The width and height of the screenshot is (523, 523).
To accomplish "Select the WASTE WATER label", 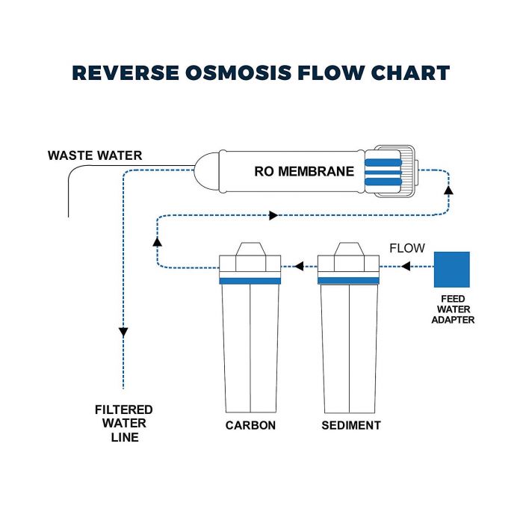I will click(x=94, y=155).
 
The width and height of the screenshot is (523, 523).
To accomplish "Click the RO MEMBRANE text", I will click(x=304, y=171).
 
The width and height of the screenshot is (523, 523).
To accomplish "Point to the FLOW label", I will click(x=407, y=248).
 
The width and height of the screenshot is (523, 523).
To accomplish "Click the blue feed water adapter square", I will click(x=452, y=269).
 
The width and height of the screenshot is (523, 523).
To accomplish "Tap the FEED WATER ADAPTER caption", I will click(x=453, y=309).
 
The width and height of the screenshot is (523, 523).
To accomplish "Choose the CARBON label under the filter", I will click(x=250, y=426).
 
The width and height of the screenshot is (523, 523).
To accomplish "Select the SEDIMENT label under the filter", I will click(x=350, y=426).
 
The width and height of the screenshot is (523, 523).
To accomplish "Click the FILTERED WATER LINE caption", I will click(x=124, y=424).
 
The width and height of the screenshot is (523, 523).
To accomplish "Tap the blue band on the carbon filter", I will click(x=250, y=281).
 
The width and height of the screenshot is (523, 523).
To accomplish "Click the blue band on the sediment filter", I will click(x=350, y=281).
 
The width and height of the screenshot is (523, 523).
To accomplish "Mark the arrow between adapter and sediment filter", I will click(x=409, y=266).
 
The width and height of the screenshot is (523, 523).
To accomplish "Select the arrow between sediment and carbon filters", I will click(x=299, y=266).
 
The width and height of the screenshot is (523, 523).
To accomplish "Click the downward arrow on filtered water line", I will click(x=123, y=332).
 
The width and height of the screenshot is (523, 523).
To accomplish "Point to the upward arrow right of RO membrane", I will click(x=448, y=191).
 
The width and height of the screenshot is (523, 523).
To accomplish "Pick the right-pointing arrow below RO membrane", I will click(x=273, y=216).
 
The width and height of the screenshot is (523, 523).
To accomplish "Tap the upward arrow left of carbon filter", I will click(x=157, y=241).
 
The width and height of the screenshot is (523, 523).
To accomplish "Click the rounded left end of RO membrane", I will click(x=205, y=171).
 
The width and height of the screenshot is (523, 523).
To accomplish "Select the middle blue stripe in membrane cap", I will click(x=383, y=171).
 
